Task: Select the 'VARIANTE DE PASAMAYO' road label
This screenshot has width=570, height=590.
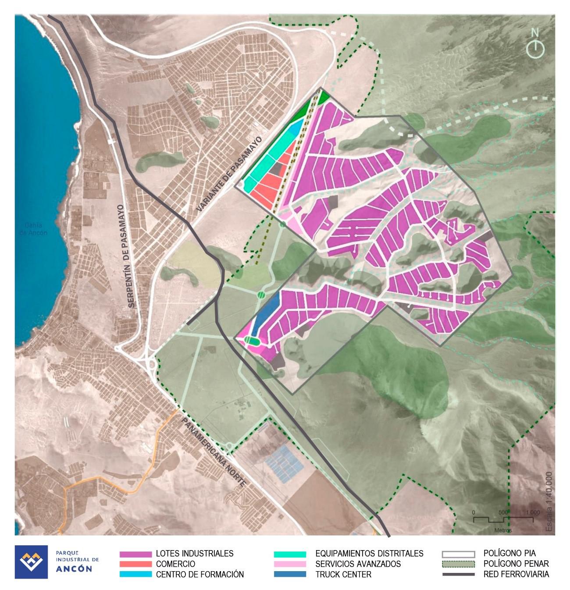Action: coord(229,174)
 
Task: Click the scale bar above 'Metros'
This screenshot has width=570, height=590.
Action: coord(503,519)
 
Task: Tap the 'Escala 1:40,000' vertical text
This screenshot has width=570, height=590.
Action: coord(549,502)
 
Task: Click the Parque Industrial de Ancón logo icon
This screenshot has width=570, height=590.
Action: coord(31,562)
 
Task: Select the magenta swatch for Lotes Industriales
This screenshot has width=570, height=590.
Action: coord(135,554)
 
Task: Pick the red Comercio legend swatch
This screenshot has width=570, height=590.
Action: coord(135,564)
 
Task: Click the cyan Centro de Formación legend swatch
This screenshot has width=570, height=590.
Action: coord(135,574)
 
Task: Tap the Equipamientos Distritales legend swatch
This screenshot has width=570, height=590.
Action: coord(290,554)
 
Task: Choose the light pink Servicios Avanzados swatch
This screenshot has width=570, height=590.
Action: coord(290,564)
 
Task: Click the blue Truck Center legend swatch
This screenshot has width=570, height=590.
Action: coord(290,574)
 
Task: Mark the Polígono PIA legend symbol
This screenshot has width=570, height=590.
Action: coord(458,554)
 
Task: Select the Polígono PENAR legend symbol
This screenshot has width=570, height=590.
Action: coord(458,564)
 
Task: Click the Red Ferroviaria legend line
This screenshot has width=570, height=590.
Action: coord(458,574)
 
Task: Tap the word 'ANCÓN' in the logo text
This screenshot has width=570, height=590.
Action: coord(74,569)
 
